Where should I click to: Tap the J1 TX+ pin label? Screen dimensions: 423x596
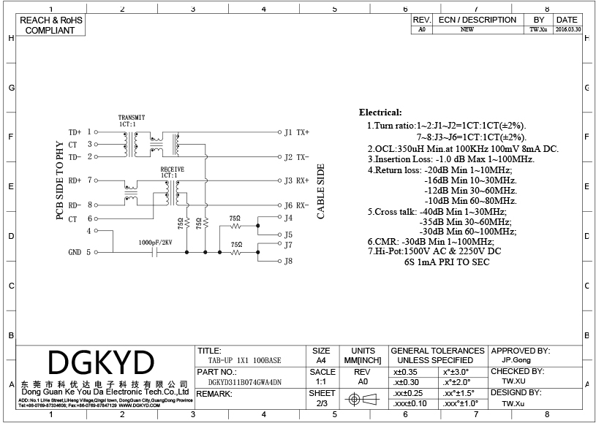pos(297,132)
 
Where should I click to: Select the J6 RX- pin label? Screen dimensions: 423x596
pos(297,205)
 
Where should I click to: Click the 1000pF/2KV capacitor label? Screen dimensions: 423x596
pos(155,242)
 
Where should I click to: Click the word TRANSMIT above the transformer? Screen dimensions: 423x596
pos(132,118)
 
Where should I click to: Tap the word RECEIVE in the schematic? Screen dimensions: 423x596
pos(172,169)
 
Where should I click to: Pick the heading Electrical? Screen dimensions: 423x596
pos(380,113)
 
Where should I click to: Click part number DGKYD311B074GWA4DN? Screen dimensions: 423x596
pos(244,382)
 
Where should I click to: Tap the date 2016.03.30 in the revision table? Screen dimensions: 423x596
pos(567,30)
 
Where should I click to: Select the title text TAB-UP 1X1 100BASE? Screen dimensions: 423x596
pos(244,361)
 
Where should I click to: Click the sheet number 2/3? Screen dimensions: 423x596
pos(322,403)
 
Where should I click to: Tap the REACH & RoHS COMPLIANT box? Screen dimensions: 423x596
pos(50,26)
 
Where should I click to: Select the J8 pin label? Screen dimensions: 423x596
pos(288,261)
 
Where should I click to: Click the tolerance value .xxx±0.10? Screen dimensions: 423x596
pos(410,403)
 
